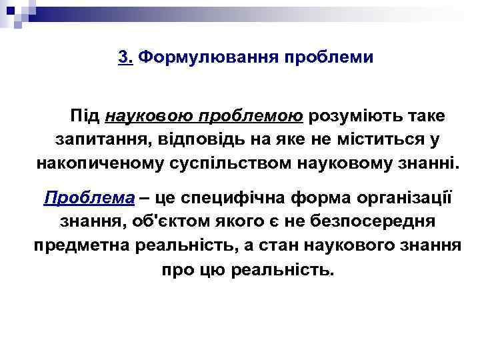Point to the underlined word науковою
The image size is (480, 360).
(146, 116)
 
